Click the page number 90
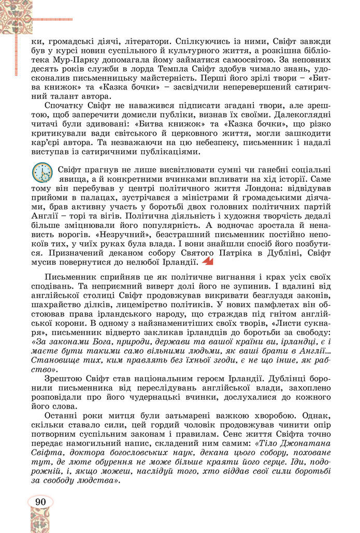40,501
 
